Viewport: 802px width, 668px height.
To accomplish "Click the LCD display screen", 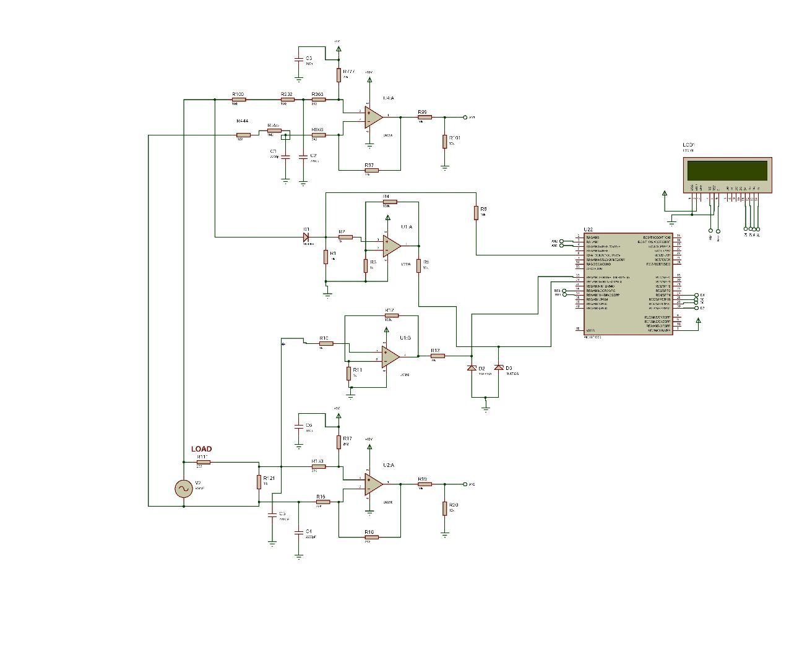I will coord(727,169).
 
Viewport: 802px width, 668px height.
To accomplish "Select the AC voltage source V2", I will coord(184,489).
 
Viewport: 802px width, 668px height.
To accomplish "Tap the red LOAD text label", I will coord(201,449).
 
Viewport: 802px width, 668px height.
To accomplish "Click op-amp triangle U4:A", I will coord(372,117).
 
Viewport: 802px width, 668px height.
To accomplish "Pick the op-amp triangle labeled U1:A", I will coord(390,246).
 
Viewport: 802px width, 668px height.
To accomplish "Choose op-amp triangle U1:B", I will coord(389,356).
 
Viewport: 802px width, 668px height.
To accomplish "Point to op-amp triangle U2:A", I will coord(372,484).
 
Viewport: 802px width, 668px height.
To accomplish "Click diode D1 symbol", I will coord(306,236).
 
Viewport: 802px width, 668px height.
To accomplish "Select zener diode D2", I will coord(472,369).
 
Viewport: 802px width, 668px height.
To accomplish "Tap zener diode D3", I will coord(499,368).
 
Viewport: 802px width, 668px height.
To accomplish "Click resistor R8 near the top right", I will coord(476,213).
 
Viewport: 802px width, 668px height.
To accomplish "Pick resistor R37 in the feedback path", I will coord(370,169).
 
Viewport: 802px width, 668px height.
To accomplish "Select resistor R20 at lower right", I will coord(444,508).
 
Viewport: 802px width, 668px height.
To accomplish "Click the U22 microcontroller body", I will coord(628,285).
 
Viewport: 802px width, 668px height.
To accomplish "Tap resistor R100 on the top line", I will coord(238,99).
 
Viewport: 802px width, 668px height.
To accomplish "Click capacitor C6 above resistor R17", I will coord(298,426).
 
